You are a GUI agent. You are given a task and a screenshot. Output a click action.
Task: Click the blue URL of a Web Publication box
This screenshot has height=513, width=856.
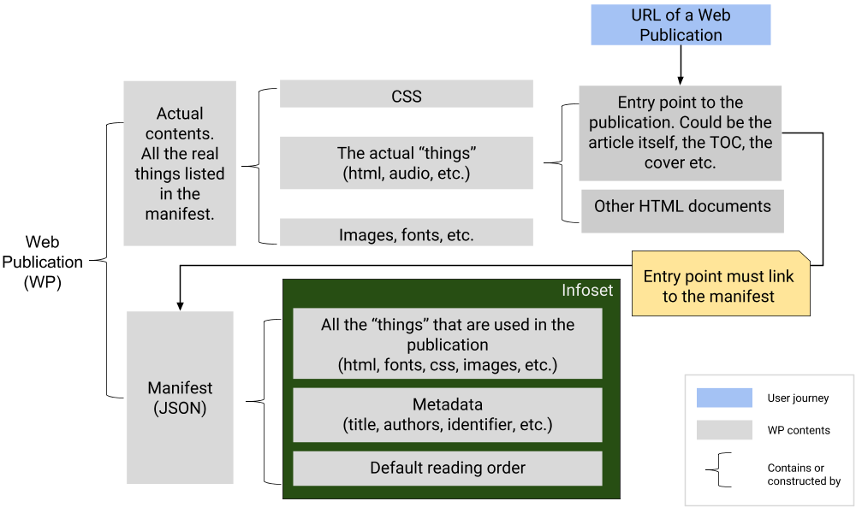(681, 25)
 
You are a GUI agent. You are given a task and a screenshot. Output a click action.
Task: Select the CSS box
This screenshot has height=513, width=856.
(406, 95)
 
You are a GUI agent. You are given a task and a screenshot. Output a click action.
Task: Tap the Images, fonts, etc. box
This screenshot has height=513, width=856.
(406, 233)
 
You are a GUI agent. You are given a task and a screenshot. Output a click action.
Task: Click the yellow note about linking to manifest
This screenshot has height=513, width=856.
(719, 286)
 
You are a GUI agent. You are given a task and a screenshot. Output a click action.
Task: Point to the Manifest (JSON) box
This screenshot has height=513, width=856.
(180, 398)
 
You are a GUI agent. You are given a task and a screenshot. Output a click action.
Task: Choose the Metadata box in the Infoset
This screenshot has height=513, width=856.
(447, 415)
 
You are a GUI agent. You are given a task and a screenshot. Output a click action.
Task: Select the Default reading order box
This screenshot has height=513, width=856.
(447, 468)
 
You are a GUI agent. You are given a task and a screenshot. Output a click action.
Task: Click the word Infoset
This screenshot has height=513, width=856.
(587, 291)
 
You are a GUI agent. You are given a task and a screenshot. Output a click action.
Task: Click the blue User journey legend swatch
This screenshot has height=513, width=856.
(724, 398)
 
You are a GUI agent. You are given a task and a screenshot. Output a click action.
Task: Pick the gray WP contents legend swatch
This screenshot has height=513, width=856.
(724, 430)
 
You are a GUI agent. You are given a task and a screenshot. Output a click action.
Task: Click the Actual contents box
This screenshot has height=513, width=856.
(180, 162)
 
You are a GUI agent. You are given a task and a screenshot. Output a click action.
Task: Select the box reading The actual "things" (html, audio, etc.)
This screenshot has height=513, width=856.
(406, 162)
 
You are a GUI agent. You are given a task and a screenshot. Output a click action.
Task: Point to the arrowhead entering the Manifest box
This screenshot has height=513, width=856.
(180, 304)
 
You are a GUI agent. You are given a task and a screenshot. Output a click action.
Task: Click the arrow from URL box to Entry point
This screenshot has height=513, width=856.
(681, 64)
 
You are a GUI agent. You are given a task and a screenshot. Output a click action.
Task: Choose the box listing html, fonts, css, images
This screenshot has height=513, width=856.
(447, 344)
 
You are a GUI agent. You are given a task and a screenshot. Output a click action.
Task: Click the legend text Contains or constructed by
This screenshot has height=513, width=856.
(804, 475)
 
